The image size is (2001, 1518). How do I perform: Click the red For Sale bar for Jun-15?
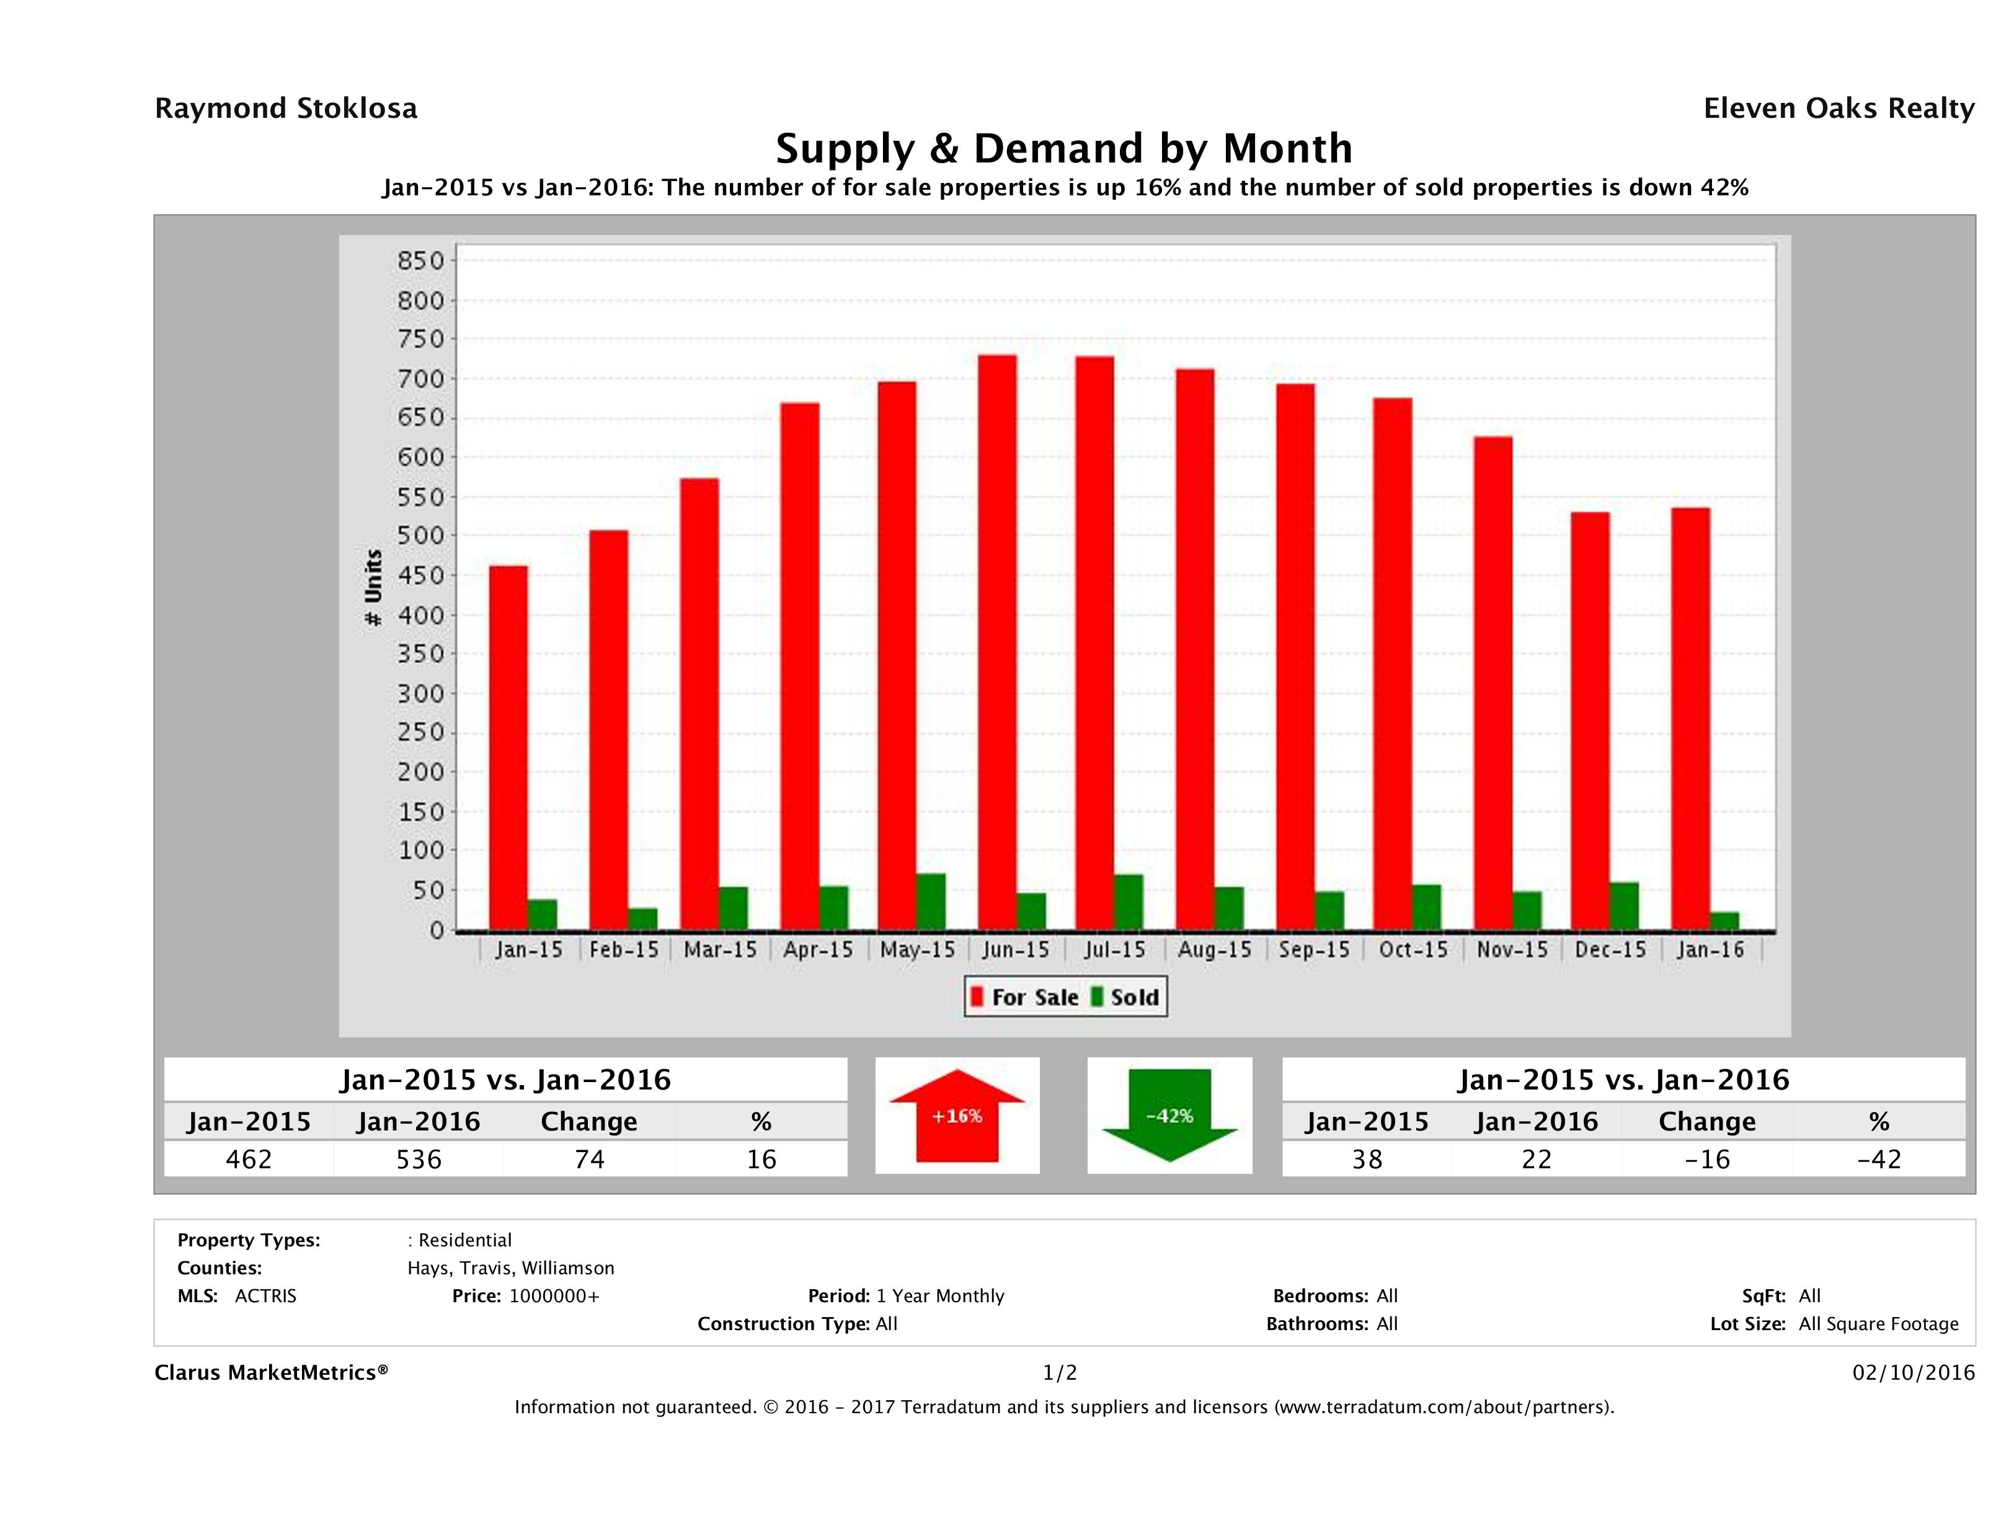tap(997, 642)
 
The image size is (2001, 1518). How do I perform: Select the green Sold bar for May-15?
tap(930, 902)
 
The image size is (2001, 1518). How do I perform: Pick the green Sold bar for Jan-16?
tap(1724, 921)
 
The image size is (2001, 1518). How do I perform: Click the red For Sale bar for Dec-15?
tap(1589, 721)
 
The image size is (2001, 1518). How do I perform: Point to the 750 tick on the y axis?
tap(422, 339)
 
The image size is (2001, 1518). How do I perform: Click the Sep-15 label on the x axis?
tap(1313, 950)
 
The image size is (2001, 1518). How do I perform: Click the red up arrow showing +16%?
tap(957, 1116)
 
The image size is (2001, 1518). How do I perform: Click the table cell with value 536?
tap(419, 1159)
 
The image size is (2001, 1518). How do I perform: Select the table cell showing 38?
tap(1367, 1159)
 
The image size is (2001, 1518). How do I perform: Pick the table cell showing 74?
tap(589, 1159)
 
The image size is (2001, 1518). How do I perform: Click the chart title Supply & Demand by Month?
tap(1064, 148)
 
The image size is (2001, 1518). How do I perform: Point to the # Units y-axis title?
tap(373, 588)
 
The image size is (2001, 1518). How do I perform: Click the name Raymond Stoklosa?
tap(286, 109)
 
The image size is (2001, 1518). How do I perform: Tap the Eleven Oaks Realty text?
tap(1838, 109)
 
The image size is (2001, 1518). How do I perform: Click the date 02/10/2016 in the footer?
tap(1913, 1372)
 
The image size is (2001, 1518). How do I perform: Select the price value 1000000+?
tap(554, 1295)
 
